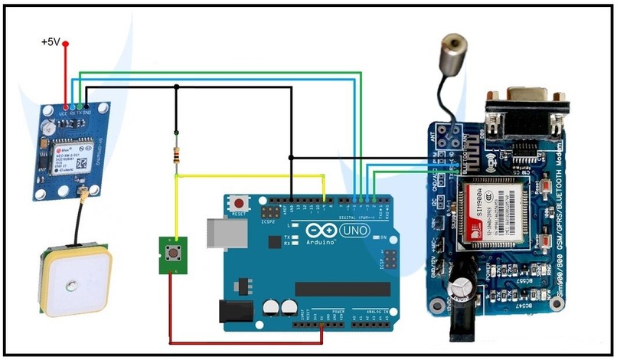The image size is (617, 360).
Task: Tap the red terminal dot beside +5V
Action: pyautogui.click(x=66, y=44)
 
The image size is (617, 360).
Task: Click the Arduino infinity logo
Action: pyautogui.click(x=321, y=230)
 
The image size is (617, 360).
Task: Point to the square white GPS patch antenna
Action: pyautogui.click(x=73, y=282)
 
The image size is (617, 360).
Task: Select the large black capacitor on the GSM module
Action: pyautogui.click(x=463, y=285)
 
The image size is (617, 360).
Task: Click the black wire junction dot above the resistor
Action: pyautogui.click(x=177, y=87)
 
